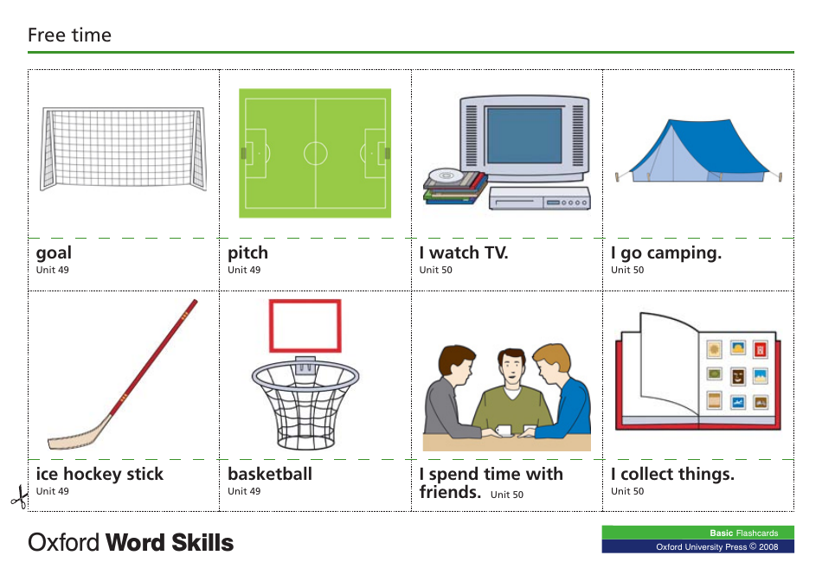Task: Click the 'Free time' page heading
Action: pyautogui.click(x=69, y=35)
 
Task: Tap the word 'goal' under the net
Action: pyautogui.click(x=54, y=253)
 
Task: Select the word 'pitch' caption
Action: pyautogui.click(x=248, y=253)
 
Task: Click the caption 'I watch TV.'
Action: pyautogui.click(x=464, y=253)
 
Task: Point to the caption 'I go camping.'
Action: pyautogui.click(x=665, y=253)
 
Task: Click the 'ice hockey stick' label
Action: pyautogui.click(x=100, y=475)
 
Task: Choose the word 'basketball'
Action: pyautogui.click(x=270, y=475)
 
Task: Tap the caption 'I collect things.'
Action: pyautogui.click(x=672, y=475)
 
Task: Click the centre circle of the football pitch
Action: pyautogui.click(x=315, y=153)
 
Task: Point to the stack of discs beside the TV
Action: pyautogui.click(x=450, y=186)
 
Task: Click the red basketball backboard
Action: pyautogui.click(x=305, y=326)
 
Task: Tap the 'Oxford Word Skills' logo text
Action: pyautogui.click(x=131, y=543)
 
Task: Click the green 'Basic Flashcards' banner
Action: pyautogui.click(x=698, y=533)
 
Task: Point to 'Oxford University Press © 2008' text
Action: pyautogui.click(x=716, y=546)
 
